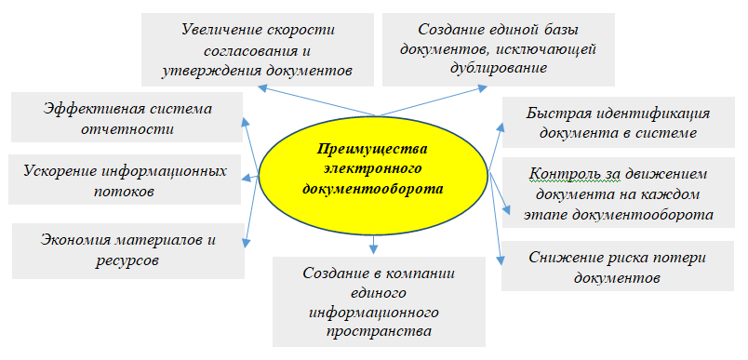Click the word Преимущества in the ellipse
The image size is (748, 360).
coord(373,149)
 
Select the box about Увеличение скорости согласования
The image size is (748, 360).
coord(258,49)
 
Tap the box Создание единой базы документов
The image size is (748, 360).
coord(499,49)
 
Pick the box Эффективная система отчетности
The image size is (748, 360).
coord(127,117)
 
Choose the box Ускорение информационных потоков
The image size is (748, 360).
coord(125,180)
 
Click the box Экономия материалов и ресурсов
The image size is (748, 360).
coord(128,251)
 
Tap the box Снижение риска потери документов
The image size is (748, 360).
coord(618,266)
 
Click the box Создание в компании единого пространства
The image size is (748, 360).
coord(380,301)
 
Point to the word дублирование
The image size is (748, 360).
coord(499,67)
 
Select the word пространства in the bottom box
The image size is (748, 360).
coord(380,330)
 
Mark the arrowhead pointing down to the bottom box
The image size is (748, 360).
coord(373,248)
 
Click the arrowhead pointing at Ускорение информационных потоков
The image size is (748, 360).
coord(247,179)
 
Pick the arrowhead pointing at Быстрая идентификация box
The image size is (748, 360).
coord(500,127)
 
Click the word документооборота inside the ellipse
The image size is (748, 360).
coord(373,189)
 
